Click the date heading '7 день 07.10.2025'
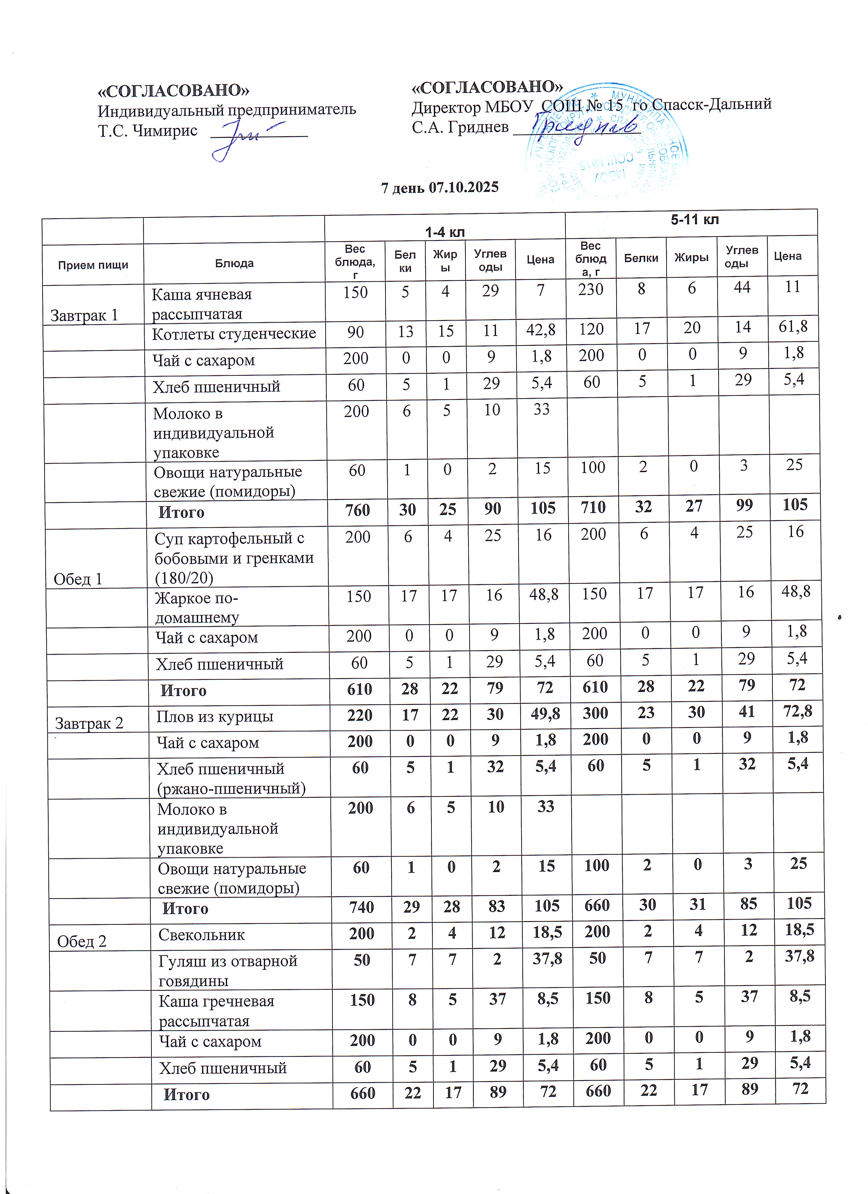click(x=440, y=188)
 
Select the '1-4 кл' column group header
click(x=445, y=232)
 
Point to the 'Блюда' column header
click(x=234, y=263)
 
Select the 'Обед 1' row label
click(x=78, y=579)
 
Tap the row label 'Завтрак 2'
click(x=89, y=723)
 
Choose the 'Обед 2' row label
click(x=82, y=941)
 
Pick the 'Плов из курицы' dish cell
click(x=215, y=716)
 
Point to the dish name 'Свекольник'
click(x=202, y=935)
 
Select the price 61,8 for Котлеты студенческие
click(x=793, y=327)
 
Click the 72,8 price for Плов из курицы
click(x=798, y=711)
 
